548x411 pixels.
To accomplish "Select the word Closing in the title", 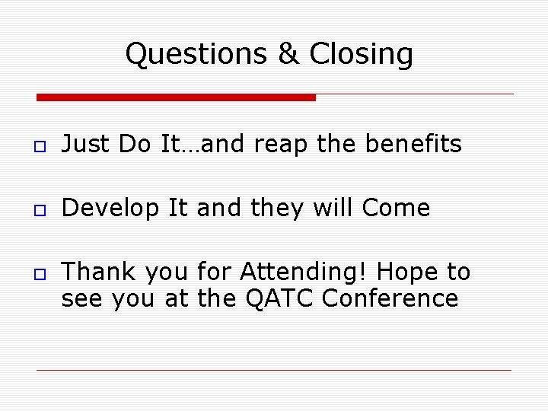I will point(362,55).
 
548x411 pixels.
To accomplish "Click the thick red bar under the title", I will point(176,97).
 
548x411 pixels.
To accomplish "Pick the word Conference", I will point(390,298).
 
